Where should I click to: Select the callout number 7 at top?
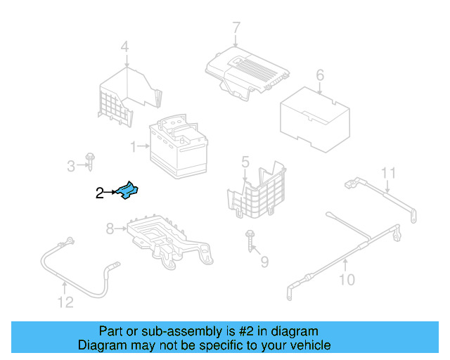click(236, 27)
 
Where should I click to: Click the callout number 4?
click(124, 48)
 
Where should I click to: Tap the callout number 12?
click(65, 303)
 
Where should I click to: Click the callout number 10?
click(347, 281)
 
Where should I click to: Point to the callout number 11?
click(389, 173)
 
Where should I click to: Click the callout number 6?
click(320, 75)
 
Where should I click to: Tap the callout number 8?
click(110, 229)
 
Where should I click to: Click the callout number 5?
click(245, 162)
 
